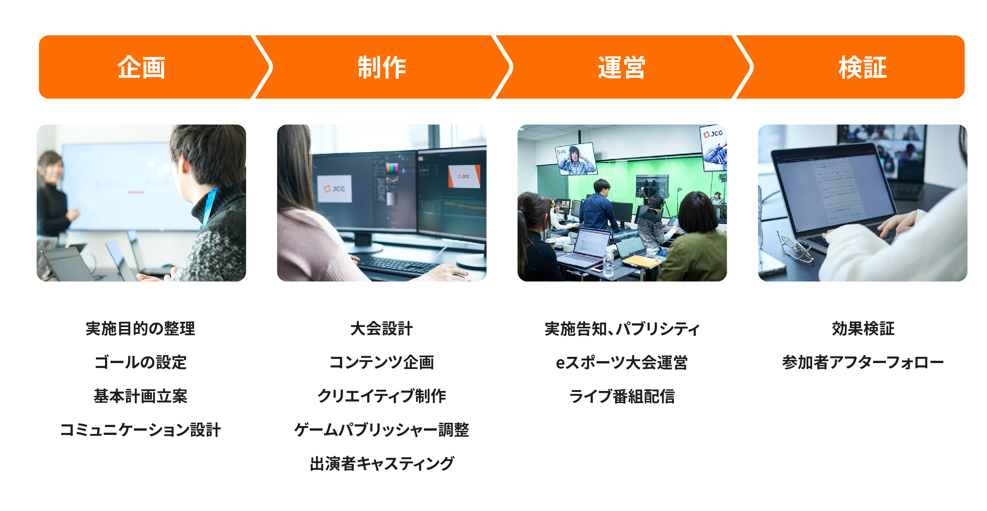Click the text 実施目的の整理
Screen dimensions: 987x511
point(141,329)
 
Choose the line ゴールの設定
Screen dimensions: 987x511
point(141,362)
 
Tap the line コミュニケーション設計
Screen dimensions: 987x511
point(141,430)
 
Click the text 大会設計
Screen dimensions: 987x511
point(382,329)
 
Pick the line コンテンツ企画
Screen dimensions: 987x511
point(382,362)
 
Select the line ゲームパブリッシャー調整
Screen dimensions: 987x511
point(382,430)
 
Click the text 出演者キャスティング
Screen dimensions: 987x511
point(382,463)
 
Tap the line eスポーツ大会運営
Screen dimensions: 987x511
point(622,362)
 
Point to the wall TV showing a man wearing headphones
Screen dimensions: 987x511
point(576,158)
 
